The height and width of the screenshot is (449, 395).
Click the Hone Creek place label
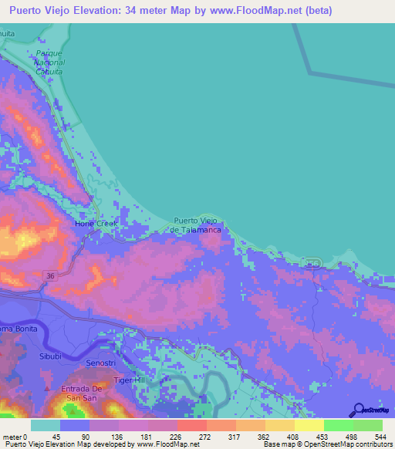coord(95,224)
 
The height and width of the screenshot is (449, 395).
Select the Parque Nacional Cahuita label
coord(50,62)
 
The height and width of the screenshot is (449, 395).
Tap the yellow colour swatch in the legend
coord(309,425)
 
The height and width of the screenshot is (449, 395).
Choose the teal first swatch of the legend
coord(46,425)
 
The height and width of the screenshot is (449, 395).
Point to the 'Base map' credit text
coord(279,444)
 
